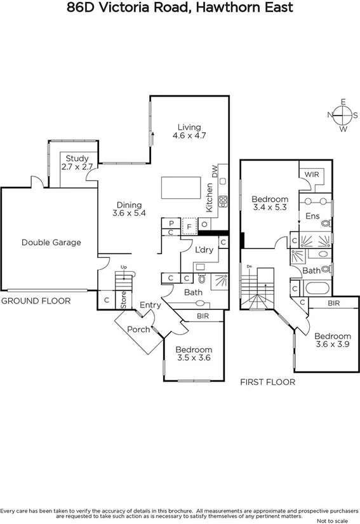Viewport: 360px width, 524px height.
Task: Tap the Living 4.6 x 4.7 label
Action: tap(190, 131)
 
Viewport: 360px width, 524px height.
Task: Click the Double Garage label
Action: tap(51, 242)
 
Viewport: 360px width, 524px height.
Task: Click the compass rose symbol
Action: tap(343, 115)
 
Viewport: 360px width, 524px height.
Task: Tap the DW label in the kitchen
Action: tap(215, 170)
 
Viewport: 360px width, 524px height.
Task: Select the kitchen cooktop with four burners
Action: tap(223, 202)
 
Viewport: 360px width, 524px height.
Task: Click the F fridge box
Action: tap(189, 225)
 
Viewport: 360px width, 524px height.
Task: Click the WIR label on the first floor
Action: tap(312, 173)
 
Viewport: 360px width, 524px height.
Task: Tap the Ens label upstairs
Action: tap(312, 216)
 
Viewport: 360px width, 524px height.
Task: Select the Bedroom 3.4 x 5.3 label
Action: tap(270, 203)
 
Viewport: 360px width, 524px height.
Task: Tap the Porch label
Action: tap(138, 329)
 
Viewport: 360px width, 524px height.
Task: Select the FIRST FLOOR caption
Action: tap(267, 382)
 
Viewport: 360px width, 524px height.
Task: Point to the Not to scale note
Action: tap(334, 520)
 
